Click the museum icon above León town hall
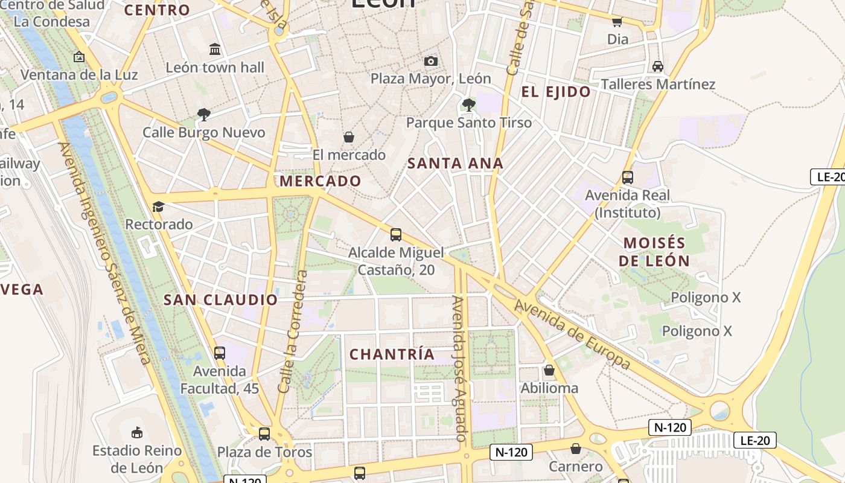215,49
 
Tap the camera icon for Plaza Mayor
430,61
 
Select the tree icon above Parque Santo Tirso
468,105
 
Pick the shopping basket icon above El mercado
348,137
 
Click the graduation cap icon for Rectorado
158,207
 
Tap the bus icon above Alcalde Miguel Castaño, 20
396,235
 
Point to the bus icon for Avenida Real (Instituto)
628,178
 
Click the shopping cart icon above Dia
617,22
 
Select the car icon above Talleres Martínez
658,66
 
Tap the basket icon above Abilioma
549,370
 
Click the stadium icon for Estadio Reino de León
137,432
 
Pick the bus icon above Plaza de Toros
264,433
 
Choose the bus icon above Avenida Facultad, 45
220,353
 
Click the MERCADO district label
320,181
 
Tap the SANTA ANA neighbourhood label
455,163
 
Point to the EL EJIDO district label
556,92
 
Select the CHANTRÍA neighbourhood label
392,354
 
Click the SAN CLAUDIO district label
221,299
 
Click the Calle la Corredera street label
293,332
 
